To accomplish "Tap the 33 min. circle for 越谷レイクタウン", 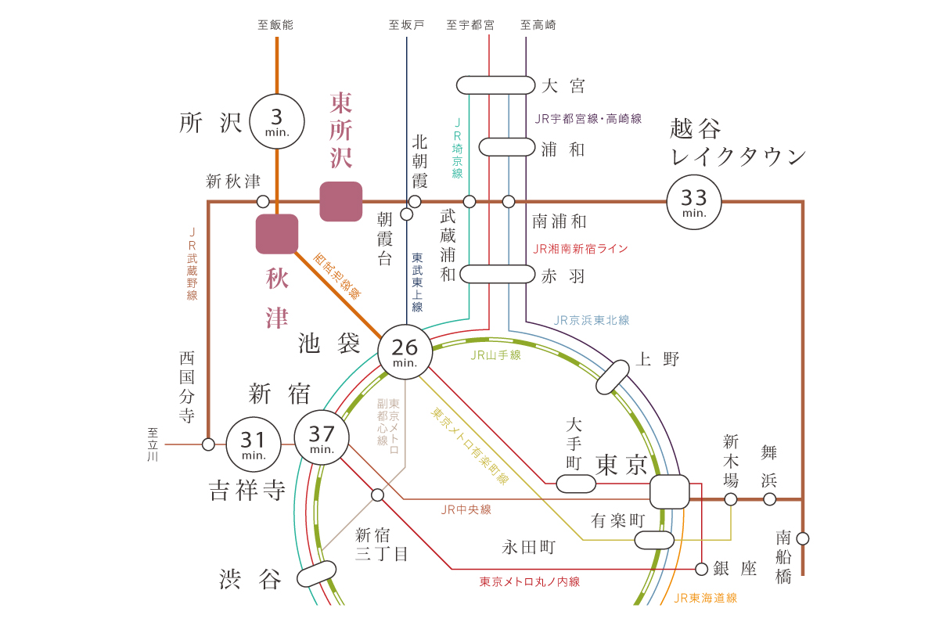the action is pyautogui.click(x=694, y=202).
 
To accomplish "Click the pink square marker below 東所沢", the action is pyautogui.click(x=341, y=201).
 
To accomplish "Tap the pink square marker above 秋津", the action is pyautogui.click(x=277, y=234).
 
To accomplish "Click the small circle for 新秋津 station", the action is pyautogui.click(x=263, y=202).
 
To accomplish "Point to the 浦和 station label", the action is pyautogui.click(x=563, y=149).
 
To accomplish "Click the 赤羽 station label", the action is pyautogui.click(x=563, y=276).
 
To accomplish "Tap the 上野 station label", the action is pyautogui.click(x=657, y=359).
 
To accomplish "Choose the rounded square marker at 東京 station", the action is pyautogui.click(x=670, y=492).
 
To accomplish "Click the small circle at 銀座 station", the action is pyautogui.click(x=701, y=569).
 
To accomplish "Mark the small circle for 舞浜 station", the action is pyautogui.click(x=770, y=499).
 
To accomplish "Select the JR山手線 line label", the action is pyautogui.click(x=495, y=355).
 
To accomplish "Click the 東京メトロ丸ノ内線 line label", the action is pyautogui.click(x=530, y=581).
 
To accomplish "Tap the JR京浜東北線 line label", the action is pyautogui.click(x=592, y=320).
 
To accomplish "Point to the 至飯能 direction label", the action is pyautogui.click(x=275, y=25).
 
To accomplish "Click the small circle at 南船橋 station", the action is pyautogui.click(x=803, y=538).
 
